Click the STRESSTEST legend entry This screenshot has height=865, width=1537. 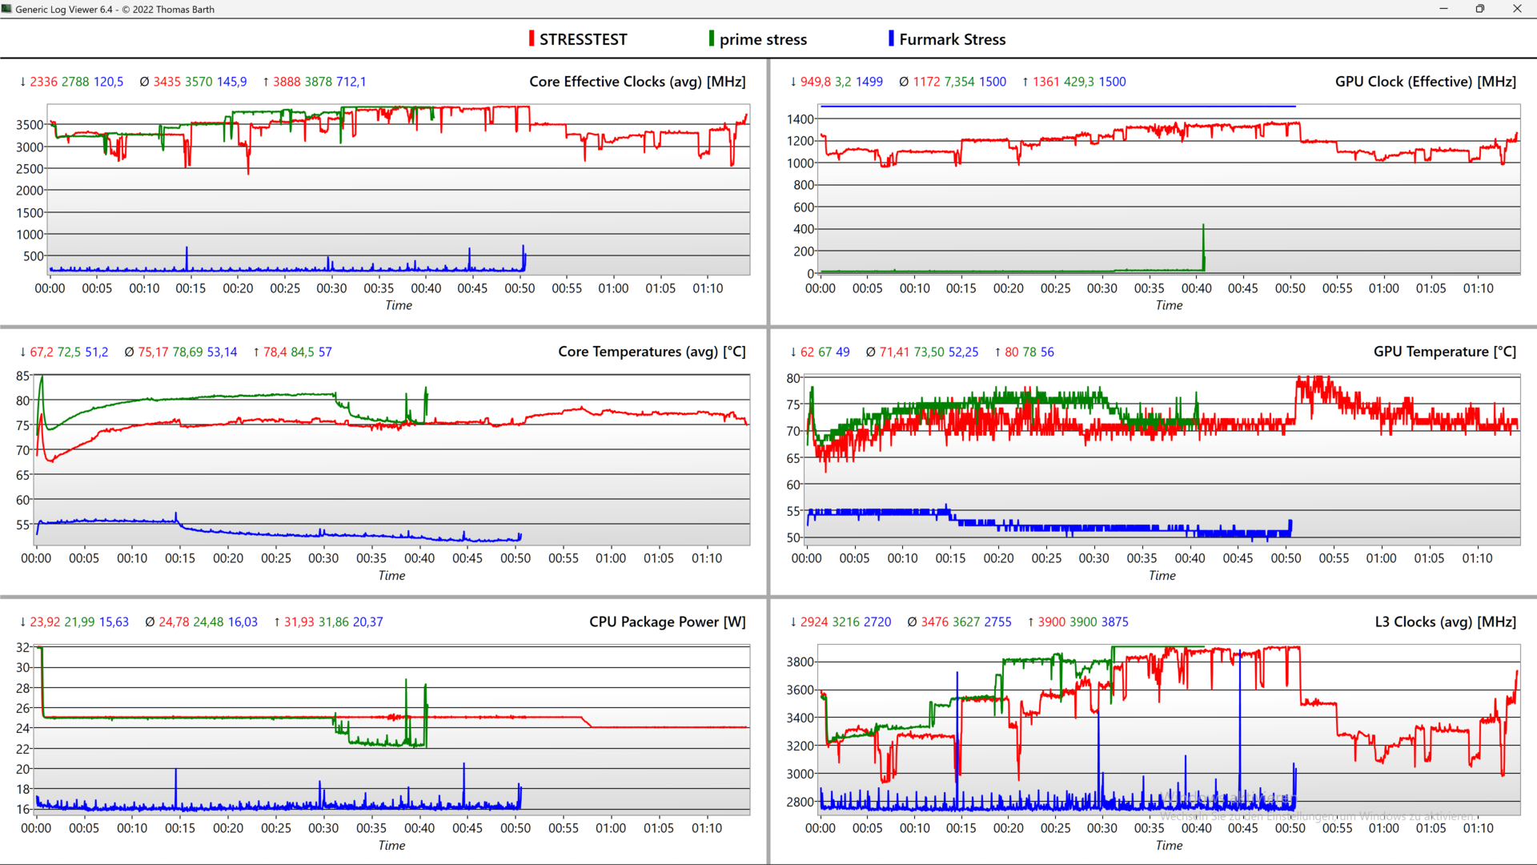pyautogui.click(x=582, y=39)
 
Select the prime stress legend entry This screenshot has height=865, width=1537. pyautogui.click(x=762, y=39)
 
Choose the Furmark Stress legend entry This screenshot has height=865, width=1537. pyautogui.click(x=952, y=39)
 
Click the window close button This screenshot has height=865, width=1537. pyautogui.click(x=1517, y=9)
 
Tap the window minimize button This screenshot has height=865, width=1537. pyautogui.click(x=1443, y=9)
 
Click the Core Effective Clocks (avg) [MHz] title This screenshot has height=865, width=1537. pyautogui.click(x=637, y=82)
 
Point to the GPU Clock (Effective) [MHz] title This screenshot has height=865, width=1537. pyautogui.click(x=1425, y=82)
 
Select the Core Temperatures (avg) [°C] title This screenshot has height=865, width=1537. pyautogui.click(x=652, y=352)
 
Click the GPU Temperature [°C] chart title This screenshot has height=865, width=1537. pyautogui.click(x=1444, y=352)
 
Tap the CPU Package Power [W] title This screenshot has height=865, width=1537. pyautogui.click(x=667, y=622)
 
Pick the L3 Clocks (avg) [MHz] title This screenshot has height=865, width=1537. pyautogui.click(x=1445, y=622)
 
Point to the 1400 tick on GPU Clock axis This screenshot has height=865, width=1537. pyautogui.click(x=801, y=119)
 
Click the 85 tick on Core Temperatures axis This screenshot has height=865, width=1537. pyautogui.click(x=22, y=376)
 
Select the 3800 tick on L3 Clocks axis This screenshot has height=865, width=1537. pyautogui.click(x=801, y=662)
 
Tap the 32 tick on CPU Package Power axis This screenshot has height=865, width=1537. pyautogui.click(x=22, y=647)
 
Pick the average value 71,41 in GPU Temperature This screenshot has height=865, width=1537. pyautogui.click(x=896, y=352)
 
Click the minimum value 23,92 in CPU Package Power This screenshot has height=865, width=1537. pyautogui.click(x=45, y=622)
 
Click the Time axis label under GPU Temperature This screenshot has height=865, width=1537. pyautogui.click(x=1162, y=575)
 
